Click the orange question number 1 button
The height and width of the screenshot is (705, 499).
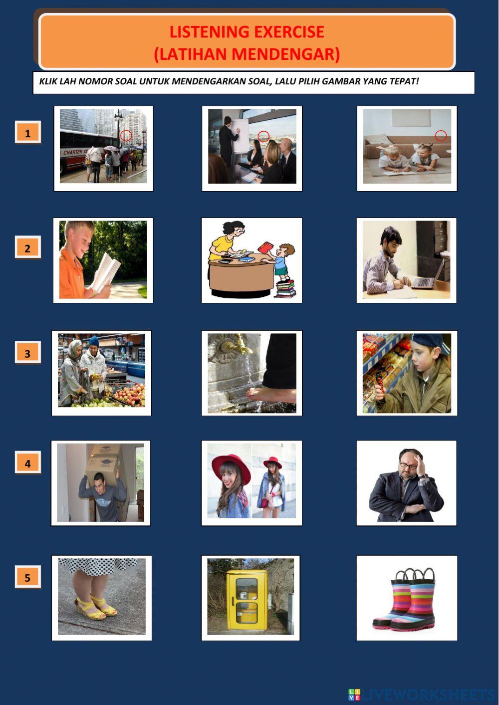27,133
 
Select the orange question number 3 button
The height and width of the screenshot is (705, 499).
27,353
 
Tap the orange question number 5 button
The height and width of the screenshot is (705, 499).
27,577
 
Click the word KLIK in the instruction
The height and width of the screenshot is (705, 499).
48,81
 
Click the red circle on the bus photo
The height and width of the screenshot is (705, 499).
126,135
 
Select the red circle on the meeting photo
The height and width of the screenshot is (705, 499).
263,136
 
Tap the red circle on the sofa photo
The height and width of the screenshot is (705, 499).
441,136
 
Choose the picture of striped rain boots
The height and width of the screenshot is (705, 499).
406,598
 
